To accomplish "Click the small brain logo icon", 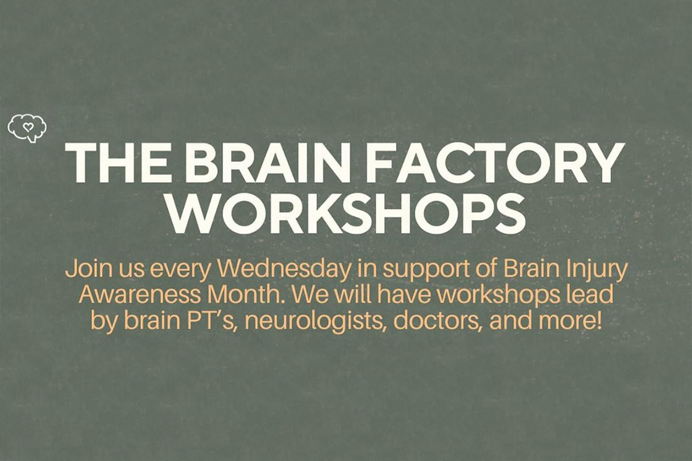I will click(27, 127).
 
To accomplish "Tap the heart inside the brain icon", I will click(27, 124).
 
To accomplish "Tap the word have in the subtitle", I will click(401, 294).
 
